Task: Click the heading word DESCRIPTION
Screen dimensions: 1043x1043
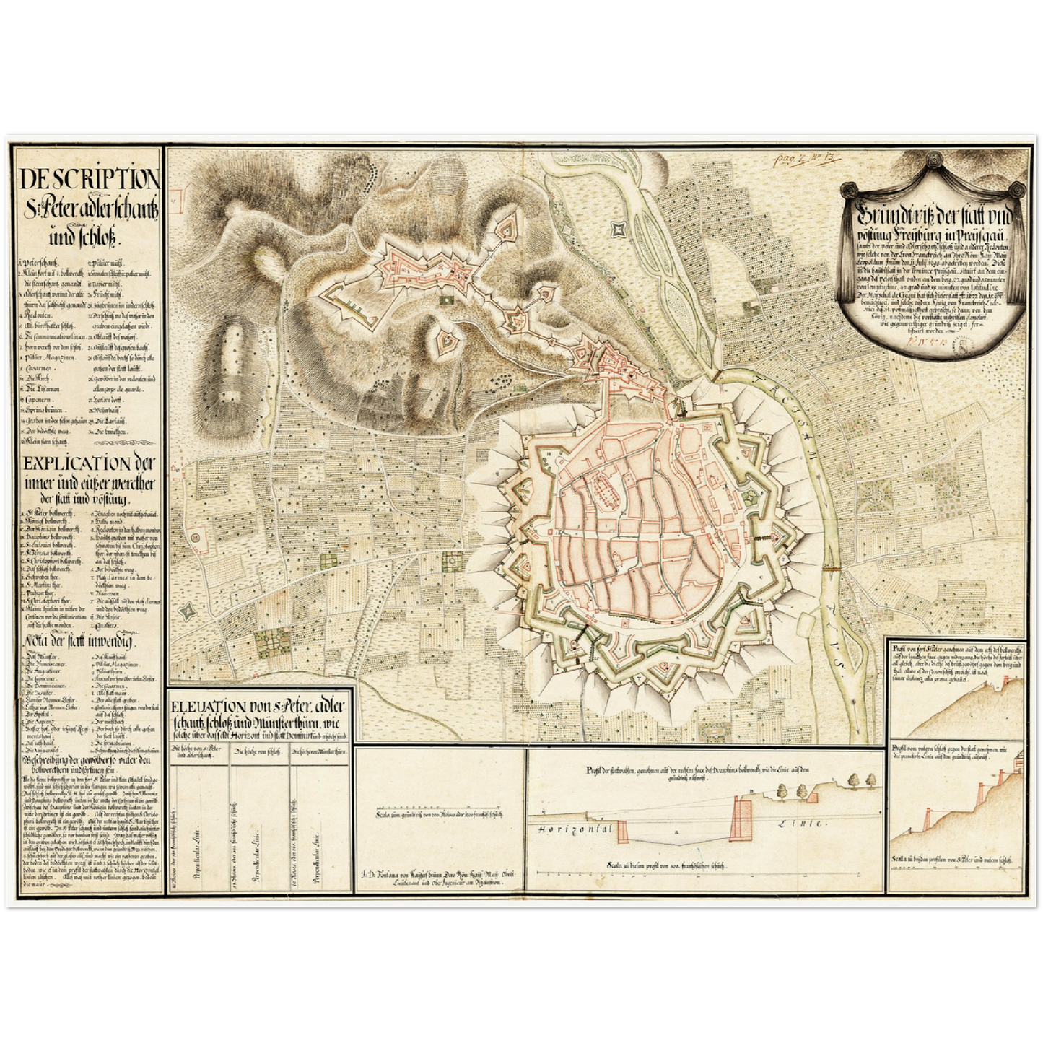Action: click(x=90, y=178)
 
